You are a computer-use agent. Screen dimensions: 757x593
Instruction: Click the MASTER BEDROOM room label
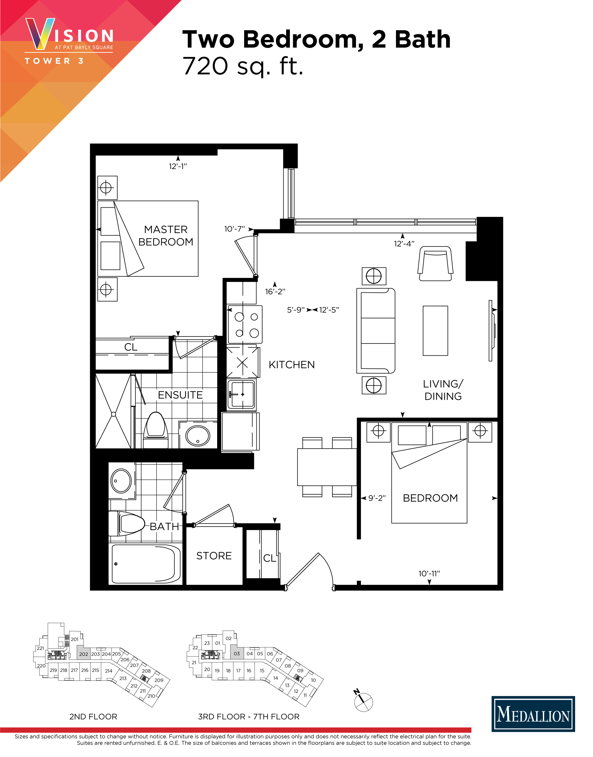click(166, 236)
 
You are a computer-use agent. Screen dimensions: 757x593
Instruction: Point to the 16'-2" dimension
click(275, 291)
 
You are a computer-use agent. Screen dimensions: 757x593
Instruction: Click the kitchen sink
click(241, 394)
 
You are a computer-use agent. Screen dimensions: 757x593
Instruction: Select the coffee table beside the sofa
click(435, 331)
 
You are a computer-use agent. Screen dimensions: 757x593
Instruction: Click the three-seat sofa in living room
click(376, 331)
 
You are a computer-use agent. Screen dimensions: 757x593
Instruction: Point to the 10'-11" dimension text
click(429, 574)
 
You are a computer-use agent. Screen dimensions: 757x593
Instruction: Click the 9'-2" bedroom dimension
click(377, 498)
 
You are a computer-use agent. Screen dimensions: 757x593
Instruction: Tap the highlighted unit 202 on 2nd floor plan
click(83, 654)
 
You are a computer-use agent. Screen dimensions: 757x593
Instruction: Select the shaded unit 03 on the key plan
click(237, 653)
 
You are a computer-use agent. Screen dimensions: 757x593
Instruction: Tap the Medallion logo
click(533, 714)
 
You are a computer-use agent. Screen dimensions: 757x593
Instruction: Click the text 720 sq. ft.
click(243, 66)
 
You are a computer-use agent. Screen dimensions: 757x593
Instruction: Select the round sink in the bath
click(121, 481)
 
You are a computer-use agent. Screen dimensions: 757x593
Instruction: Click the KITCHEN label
click(292, 365)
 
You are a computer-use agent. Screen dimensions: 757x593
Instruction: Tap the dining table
click(327, 467)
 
